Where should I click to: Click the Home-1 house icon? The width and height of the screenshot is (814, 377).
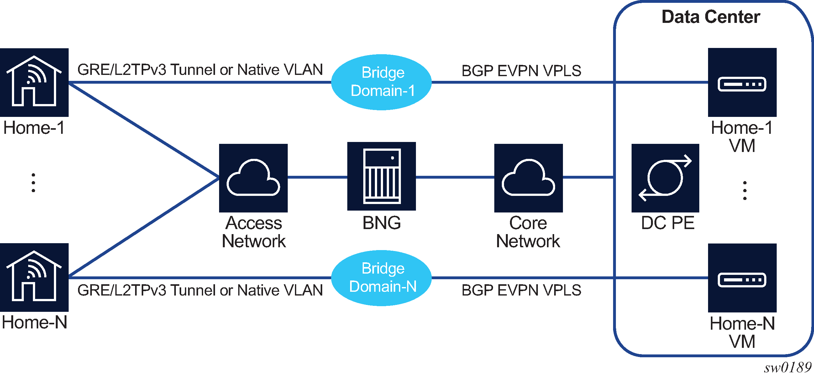coord(34,82)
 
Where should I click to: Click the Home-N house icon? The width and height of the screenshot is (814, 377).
coord(34,277)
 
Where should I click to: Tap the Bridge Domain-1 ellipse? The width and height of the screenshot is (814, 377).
coord(381,82)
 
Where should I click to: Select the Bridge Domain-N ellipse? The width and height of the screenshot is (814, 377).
coord(381,278)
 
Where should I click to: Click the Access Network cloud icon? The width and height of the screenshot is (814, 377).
coord(253,178)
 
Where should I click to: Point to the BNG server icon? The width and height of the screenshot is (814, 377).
coord(381,176)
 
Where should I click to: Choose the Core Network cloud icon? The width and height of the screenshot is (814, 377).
coord(528,178)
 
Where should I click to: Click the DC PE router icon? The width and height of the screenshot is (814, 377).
coord(665,178)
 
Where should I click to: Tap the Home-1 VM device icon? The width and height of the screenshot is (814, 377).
coord(742,82)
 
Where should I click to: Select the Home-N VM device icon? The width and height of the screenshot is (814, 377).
coord(742,278)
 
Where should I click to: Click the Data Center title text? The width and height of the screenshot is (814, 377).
coord(711,17)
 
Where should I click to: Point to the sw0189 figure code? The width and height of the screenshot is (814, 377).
coord(787,368)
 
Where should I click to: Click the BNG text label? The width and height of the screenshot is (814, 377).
coord(381,223)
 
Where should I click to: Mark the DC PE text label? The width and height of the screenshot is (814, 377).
coord(667,223)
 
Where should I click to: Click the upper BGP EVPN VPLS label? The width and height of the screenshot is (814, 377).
coord(521,71)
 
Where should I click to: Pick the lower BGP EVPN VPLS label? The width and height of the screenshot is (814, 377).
coord(521,290)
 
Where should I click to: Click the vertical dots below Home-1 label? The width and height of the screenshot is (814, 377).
coord(33,183)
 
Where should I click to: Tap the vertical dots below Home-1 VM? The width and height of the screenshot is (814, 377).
coord(745,191)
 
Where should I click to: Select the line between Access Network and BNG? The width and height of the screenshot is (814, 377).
coord(317,177)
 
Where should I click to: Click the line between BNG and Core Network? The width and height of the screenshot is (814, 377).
coord(455,177)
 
